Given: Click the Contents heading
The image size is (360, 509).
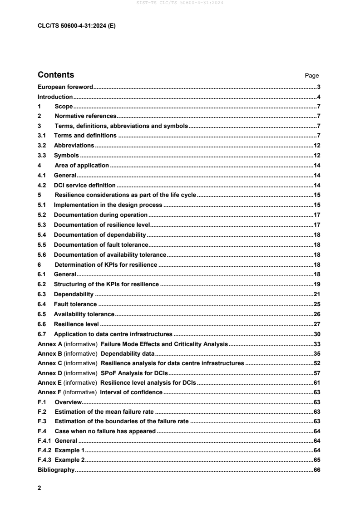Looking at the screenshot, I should click(x=56, y=75).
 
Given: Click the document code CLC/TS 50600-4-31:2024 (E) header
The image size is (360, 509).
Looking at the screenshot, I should click(x=76, y=26).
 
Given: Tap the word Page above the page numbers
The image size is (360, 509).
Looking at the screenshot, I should click(x=312, y=76).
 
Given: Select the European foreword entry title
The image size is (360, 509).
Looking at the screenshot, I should click(x=65, y=87).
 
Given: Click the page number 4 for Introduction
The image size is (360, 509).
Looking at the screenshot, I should click(x=319, y=97).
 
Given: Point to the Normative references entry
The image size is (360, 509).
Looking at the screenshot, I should click(x=85, y=116).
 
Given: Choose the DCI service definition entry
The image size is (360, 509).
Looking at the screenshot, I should click(x=85, y=185).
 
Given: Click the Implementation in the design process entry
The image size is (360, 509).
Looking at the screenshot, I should click(x=108, y=205).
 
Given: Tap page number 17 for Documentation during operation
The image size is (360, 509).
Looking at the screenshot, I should click(x=317, y=215).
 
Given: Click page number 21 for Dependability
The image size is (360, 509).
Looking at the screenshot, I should click(x=317, y=294).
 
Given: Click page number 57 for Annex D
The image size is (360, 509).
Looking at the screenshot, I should click(x=317, y=374).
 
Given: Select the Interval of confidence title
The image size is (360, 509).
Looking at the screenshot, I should click(x=131, y=392).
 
